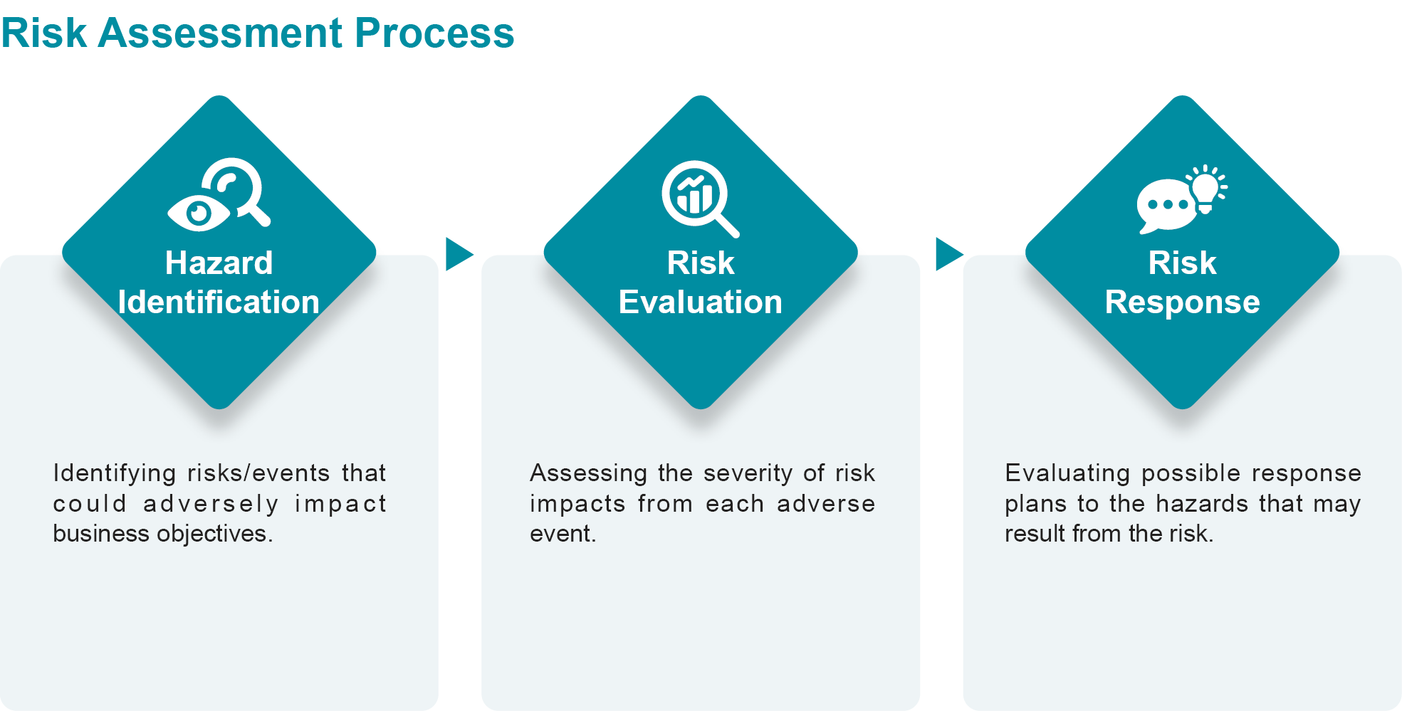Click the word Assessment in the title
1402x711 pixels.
pyautogui.click(x=221, y=33)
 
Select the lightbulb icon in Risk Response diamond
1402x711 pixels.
pyautogui.click(x=1206, y=189)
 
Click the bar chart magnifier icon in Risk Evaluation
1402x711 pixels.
pyautogui.click(x=700, y=199)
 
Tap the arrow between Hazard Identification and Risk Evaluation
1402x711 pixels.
pyautogui.click(x=459, y=254)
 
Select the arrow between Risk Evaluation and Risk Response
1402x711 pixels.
pyautogui.click(x=949, y=254)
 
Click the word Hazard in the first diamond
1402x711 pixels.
pyautogui.click(x=219, y=263)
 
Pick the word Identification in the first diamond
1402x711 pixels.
pyautogui.click(x=219, y=302)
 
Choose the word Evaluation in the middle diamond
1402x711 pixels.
pyautogui.click(x=701, y=302)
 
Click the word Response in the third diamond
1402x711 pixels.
pyautogui.click(x=1183, y=303)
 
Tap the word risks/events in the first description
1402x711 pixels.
pyautogui.click(x=258, y=473)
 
